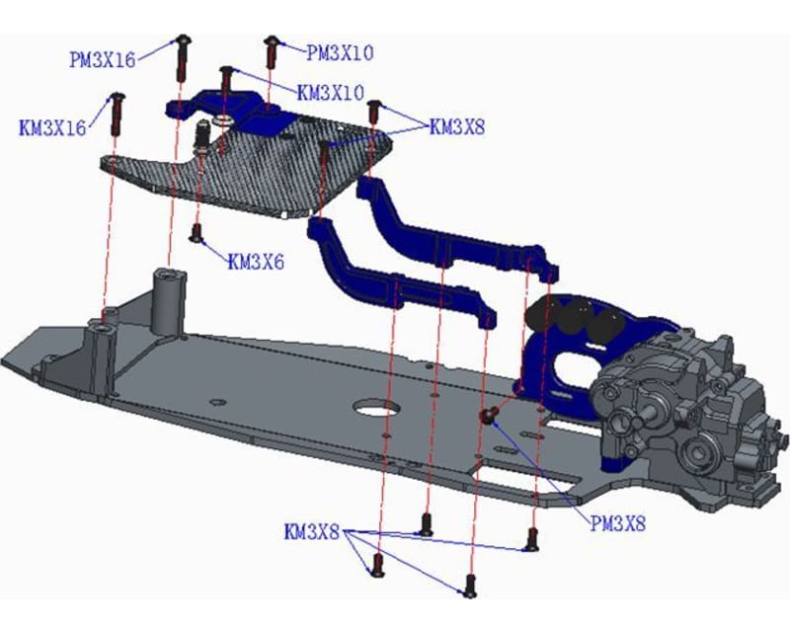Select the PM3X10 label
point(340,51)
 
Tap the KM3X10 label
point(332,92)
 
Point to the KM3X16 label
point(52,126)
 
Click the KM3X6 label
point(256,262)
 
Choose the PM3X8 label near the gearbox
point(617,524)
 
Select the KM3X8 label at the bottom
point(311,533)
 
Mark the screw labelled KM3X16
point(117,113)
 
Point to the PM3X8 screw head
point(487,417)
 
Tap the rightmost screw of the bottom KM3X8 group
point(532,539)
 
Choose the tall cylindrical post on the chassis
point(167,299)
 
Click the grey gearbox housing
point(681,405)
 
